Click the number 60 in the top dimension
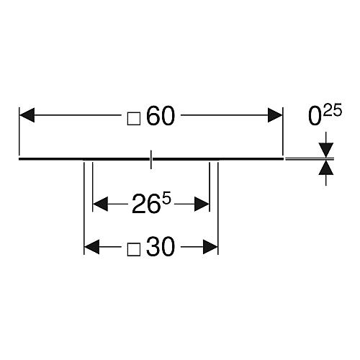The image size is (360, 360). pyautogui.click(x=161, y=116)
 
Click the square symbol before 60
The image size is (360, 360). pyautogui.click(x=134, y=119)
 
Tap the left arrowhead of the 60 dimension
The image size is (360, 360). pyautogui.click(x=27, y=115)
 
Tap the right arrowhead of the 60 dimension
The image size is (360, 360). pyautogui.click(x=275, y=115)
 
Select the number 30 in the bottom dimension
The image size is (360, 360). pyautogui.click(x=161, y=246)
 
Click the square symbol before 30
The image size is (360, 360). pyautogui.click(x=134, y=249)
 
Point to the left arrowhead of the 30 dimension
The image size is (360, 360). pyautogui.click(x=91, y=246)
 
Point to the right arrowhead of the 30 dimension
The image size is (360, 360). pyautogui.click(x=210, y=246)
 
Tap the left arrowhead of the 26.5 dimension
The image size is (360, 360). pyautogui.click(x=100, y=204)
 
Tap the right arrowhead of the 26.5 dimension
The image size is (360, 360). pyautogui.click(x=202, y=204)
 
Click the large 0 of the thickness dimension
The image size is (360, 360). pyautogui.click(x=315, y=117)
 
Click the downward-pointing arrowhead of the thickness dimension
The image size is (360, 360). pyautogui.click(x=326, y=150)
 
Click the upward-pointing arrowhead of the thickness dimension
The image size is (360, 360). pyautogui.click(x=326, y=167)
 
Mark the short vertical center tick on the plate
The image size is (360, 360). pyautogui.click(x=150, y=160)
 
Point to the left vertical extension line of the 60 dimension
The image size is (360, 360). pyautogui.click(x=19, y=132)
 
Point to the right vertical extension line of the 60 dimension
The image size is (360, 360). pyautogui.click(x=283, y=132)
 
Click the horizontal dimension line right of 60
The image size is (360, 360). pyautogui.click(x=224, y=115)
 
